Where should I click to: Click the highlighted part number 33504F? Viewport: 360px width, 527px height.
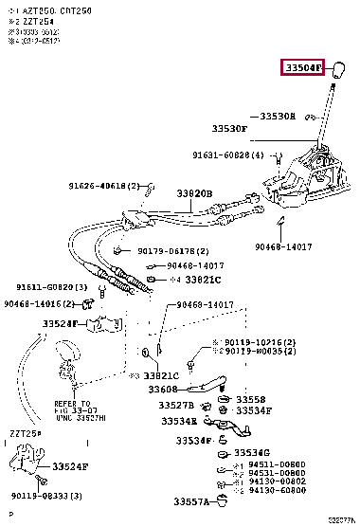coord(301,68)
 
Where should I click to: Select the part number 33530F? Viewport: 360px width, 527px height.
coord(229,127)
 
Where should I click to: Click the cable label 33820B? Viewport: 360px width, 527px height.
coord(194,193)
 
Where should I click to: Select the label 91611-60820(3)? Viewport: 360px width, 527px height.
coord(51,287)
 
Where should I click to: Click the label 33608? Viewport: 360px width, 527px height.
coord(163,389)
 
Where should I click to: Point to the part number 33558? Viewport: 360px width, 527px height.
coord(251,400)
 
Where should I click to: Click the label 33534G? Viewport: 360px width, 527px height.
coord(253,453)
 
